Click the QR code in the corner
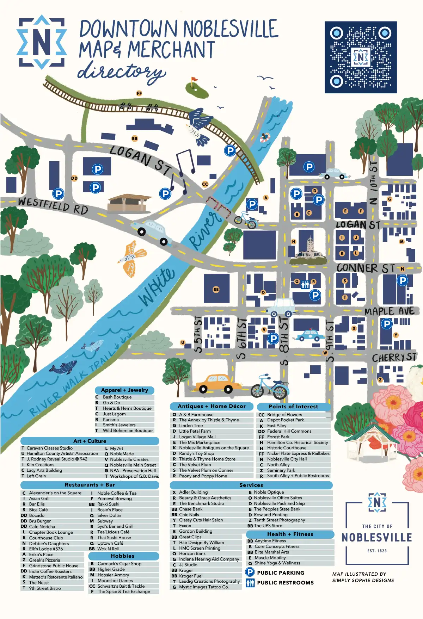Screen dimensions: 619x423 [360, 57]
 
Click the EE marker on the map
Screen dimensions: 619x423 [216, 290]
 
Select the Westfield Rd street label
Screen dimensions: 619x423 [53, 206]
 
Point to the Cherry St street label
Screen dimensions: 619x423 [394, 358]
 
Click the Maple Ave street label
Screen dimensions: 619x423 [390, 311]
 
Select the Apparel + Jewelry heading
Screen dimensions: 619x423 [124, 390]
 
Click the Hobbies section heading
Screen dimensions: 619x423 [123, 556]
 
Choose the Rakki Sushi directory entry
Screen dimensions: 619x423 [108, 504]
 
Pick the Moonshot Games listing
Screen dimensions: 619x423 [115, 580]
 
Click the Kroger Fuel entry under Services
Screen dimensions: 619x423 [191, 576]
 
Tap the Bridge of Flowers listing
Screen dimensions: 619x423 [284, 415]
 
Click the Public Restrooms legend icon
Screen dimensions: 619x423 [250, 582]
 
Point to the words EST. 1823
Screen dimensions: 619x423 [377, 551]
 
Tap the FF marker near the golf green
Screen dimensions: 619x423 [139, 93]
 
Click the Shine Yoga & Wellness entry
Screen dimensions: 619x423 [277, 563]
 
